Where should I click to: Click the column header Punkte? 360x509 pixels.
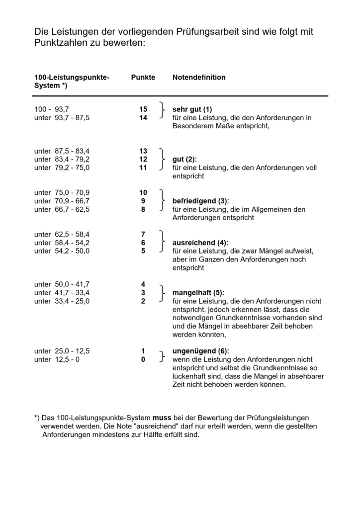coord(143,78)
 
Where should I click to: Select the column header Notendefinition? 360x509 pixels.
coord(199,78)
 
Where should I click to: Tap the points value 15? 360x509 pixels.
coord(143,109)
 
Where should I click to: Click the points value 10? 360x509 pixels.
coord(143,192)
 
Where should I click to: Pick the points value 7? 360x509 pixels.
coord(143,234)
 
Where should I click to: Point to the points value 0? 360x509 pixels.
coord(143,359)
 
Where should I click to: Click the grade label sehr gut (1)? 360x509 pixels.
coord(192,109)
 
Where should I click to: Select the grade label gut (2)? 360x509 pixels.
coord(184,159)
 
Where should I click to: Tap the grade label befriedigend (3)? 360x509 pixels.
coord(200,201)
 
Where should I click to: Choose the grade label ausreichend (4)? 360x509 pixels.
coord(200,243)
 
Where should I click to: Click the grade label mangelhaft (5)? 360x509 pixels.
coord(198,293)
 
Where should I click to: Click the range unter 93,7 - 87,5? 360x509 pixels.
coord(62,118)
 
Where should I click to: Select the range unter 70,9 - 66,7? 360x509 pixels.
coord(62,201)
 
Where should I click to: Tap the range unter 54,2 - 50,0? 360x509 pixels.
coord(62,251)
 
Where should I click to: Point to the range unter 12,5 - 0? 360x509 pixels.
coord(57,359)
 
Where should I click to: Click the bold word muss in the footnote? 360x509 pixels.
coord(162,418)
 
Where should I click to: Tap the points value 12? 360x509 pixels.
coord(143,159)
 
